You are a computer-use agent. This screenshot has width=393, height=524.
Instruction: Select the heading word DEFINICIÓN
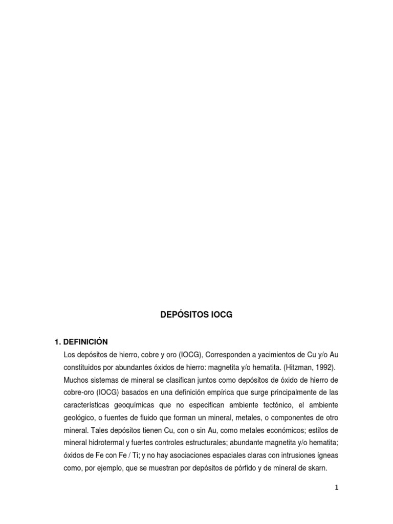coord(85,341)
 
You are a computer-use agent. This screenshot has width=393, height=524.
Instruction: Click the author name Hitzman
coord(285,367)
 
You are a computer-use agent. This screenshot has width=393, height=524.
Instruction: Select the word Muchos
coord(76,381)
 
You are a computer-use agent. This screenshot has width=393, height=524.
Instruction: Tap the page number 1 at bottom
coord(336,488)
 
